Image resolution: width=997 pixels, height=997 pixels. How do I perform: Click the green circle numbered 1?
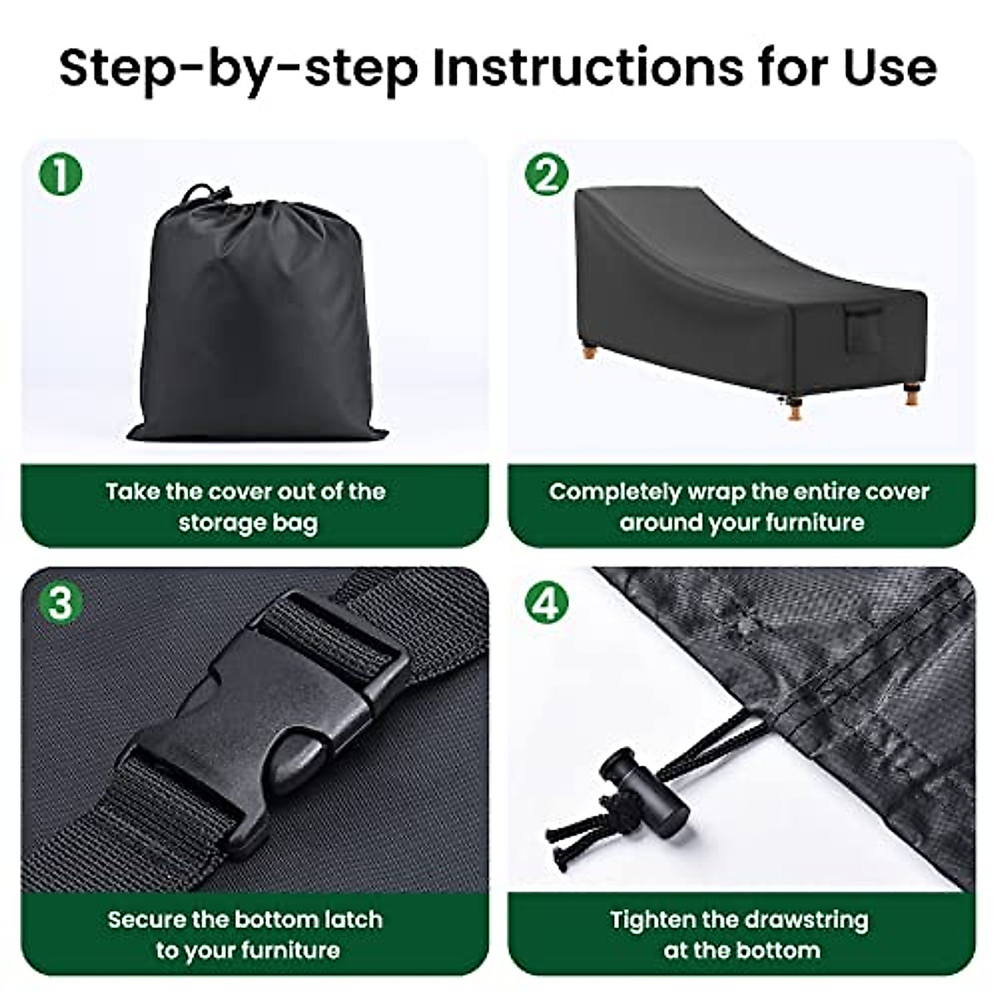61,174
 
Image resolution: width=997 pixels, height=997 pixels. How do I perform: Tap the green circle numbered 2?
547,174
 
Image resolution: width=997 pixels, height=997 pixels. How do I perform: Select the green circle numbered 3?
61,603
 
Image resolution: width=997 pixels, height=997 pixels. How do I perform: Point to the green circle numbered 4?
547,603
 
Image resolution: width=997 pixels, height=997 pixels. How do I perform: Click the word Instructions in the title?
587,69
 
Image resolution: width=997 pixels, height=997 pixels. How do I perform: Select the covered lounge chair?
750,300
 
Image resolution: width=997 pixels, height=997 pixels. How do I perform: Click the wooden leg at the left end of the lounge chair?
589,355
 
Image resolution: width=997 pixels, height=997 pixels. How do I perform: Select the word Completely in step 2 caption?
614,492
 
